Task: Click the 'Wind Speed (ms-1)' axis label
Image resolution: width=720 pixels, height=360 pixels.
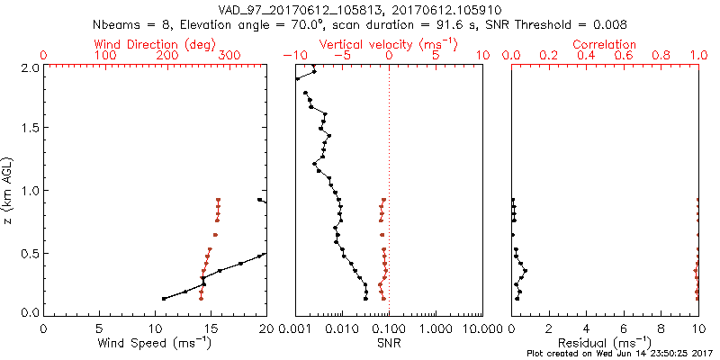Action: point(155,343)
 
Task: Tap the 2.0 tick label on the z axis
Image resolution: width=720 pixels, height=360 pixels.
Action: point(28,67)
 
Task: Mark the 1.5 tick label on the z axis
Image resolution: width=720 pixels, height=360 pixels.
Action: point(28,129)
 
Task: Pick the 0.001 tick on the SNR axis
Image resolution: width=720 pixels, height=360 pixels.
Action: point(295,329)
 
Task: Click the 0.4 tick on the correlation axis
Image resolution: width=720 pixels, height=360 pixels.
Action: point(587,56)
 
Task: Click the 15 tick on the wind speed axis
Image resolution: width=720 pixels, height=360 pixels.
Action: point(211,329)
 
